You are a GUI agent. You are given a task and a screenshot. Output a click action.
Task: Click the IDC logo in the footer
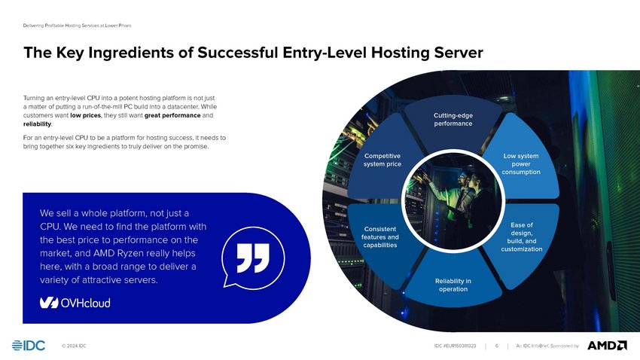(29, 345)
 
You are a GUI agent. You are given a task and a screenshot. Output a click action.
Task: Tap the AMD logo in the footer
(607, 345)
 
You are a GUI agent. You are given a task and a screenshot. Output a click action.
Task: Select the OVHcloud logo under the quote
(75, 303)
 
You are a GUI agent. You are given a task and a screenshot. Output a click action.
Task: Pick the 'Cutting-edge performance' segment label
(453, 120)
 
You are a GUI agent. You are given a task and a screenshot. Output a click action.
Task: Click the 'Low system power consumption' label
(521, 163)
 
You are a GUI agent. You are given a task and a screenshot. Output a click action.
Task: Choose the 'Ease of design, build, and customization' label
(522, 236)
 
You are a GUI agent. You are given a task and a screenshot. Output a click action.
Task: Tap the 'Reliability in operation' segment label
(453, 285)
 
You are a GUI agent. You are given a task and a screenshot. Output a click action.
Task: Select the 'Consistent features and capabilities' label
(380, 236)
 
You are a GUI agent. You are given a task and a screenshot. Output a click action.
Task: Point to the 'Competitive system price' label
(382, 160)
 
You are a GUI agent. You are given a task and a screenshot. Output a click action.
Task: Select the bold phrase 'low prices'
(85, 115)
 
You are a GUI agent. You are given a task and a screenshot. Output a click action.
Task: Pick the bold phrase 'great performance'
(172, 115)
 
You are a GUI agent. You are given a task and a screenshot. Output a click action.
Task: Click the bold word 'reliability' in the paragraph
(37, 124)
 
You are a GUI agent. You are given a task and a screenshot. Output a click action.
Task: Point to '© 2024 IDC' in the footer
(74, 346)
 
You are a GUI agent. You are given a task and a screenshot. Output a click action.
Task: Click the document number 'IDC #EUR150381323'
(455, 346)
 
